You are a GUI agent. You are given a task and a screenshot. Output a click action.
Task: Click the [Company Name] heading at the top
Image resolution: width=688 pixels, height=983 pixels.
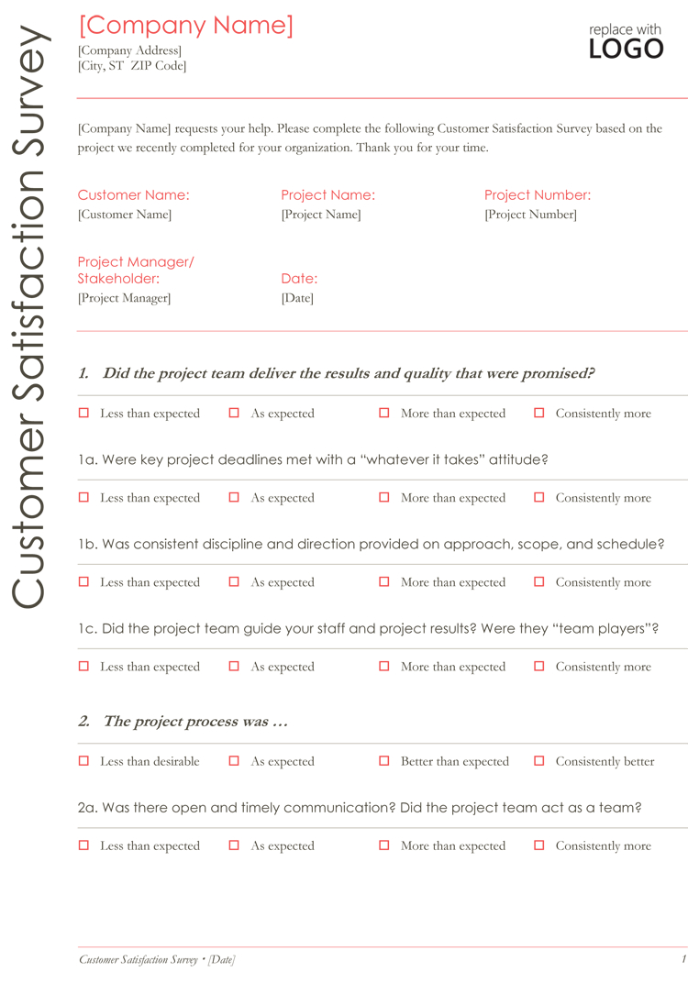pyautogui.click(x=185, y=26)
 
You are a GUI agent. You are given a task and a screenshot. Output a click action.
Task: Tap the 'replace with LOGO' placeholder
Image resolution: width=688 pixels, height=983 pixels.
pyautogui.click(x=626, y=42)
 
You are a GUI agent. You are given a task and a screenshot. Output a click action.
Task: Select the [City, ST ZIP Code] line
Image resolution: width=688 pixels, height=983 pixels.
pyautogui.click(x=132, y=66)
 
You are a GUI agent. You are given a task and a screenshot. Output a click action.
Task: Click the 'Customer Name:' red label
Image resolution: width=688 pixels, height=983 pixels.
pyautogui.click(x=133, y=195)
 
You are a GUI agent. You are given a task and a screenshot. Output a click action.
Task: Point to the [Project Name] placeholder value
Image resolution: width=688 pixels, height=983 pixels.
pyautogui.click(x=321, y=215)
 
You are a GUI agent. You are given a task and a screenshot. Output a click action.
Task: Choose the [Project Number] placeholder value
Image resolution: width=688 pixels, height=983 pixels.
pyautogui.click(x=530, y=215)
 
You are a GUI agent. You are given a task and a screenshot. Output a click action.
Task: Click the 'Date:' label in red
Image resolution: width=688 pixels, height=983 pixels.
pyautogui.click(x=299, y=279)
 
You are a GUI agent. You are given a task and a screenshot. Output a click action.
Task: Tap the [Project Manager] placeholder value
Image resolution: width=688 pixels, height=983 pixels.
pyautogui.click(x=124, y=298)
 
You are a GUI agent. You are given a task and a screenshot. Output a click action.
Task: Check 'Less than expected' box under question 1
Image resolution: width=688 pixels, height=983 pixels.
pyautogui.click(x=83, y=414)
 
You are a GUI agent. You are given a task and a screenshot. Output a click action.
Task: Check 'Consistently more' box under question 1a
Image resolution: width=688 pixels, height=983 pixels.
pyautogui.click(x=539, y=498)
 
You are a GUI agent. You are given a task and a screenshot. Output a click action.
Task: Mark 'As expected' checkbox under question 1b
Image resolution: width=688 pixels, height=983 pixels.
pyautogui.click(x=234, y=582)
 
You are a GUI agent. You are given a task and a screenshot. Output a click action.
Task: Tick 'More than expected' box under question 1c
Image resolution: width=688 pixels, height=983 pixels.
pyautogui.click(x=384, y=667)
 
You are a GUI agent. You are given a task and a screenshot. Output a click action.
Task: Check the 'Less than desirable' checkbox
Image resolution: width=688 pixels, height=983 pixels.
pyautogui.click(x=83, y=761)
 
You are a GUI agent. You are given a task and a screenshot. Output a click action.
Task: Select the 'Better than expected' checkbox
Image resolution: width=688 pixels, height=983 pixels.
pyautogui.click(x=384, y=761)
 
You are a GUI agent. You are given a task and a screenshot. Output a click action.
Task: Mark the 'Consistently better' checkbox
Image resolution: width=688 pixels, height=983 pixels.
pyautogui.click(x=539, y=761)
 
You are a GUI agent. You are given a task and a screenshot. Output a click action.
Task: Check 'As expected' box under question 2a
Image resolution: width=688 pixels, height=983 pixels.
pyautogui.click(x=234, y=845)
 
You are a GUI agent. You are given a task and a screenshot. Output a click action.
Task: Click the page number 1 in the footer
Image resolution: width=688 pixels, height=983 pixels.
pyautogui.click(x=683, y=959)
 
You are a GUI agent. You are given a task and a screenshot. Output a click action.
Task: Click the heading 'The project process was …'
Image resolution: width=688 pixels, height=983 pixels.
pyautogui.click(x=195, y=722)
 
